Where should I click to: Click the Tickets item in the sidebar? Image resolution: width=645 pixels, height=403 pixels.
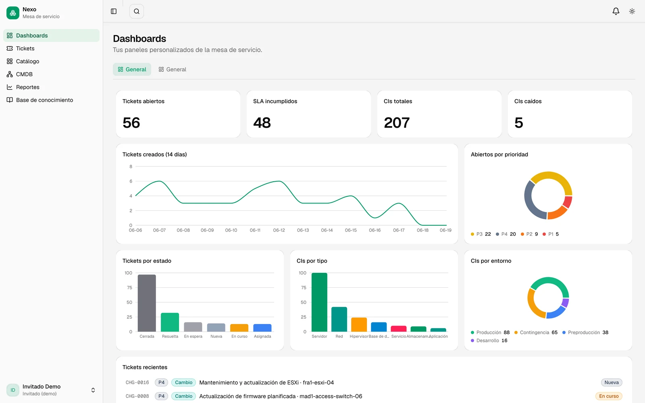(25, 48)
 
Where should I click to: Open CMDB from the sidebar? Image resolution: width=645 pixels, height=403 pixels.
(24, 74)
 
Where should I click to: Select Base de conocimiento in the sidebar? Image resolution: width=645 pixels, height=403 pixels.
(44, 100)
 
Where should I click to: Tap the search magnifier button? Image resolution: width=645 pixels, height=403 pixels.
(137, 11)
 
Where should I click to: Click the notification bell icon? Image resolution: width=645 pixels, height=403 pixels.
(616, 11)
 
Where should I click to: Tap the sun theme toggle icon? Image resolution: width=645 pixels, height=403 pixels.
(632, 11)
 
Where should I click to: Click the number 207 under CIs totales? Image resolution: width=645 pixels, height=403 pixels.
(397, 123)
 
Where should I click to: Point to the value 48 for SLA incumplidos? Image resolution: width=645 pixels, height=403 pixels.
(262, 123)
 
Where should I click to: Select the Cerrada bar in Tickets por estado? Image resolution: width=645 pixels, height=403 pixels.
(147, 303)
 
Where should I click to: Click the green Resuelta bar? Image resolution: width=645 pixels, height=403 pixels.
(170, 322)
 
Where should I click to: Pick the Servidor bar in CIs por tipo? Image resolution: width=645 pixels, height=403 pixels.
(319, 302)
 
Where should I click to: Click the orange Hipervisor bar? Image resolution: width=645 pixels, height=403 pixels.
(359, 325)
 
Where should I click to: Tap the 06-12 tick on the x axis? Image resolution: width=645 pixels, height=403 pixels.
(279, 230)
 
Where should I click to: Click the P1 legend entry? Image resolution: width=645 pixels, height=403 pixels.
(551, 234)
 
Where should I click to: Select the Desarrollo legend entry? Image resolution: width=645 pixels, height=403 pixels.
(489, 341)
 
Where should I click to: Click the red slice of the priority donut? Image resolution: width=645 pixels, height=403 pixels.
(568, 202)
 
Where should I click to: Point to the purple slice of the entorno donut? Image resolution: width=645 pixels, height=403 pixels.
(565, 303)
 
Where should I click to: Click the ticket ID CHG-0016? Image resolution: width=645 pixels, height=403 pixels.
(137, 382)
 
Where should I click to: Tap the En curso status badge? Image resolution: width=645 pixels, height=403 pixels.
(609, 396)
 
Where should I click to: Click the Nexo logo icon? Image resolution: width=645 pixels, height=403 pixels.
(12, 12)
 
